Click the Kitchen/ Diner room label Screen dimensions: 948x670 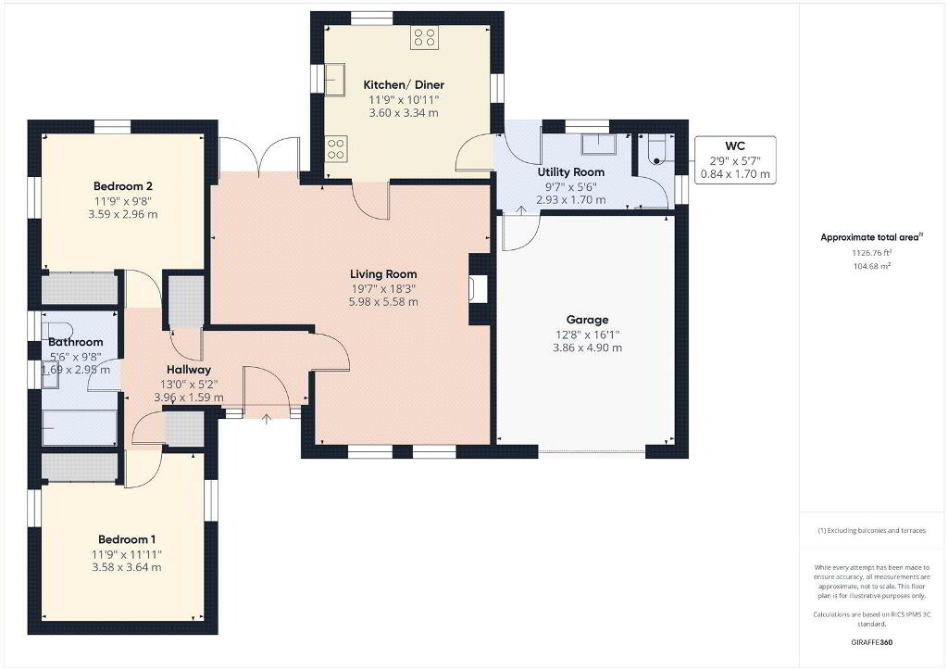(x=404, y=84)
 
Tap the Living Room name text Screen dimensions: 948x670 (x=383, y=273)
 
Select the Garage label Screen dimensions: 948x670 (x=587, y=320)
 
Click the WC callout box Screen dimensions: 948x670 (x=735, y=159)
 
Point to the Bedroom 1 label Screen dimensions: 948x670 (x=127, y=539)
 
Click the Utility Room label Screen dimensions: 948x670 (x=570, y=171)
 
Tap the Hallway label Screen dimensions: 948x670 (x=189, y=369)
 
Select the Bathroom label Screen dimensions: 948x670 (x=76, y=342)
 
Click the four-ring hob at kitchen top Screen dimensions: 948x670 (x=424, y=37)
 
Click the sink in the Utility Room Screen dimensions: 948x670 (x=599, y=145)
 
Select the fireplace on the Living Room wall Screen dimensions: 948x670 (x=478, y=289)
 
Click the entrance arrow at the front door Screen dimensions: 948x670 (x=267, y=419)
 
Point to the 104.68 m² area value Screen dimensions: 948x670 (x=872, y=266)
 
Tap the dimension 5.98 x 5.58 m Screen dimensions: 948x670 (x=383, y=301)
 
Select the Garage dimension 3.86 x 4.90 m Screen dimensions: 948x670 (x=587, y=348)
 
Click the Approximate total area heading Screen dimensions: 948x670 (x=872, y=237)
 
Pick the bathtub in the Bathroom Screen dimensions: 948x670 (x=80, y=427)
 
